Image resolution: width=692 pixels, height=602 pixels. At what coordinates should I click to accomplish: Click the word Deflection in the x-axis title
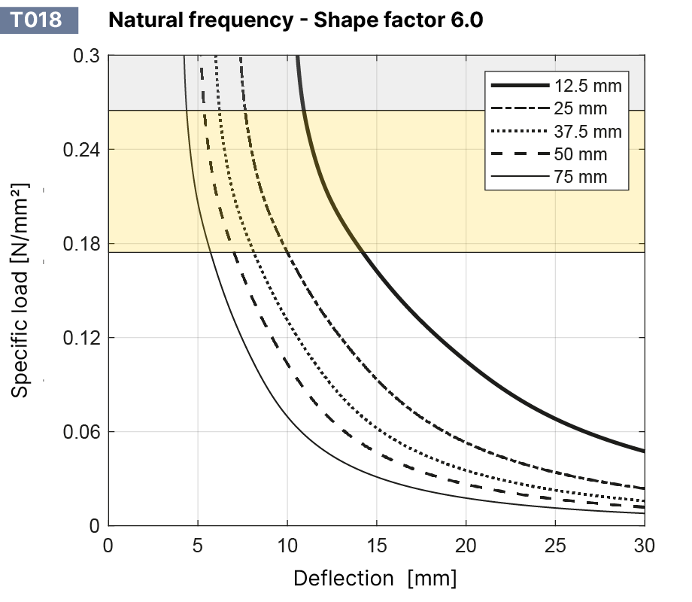343,579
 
